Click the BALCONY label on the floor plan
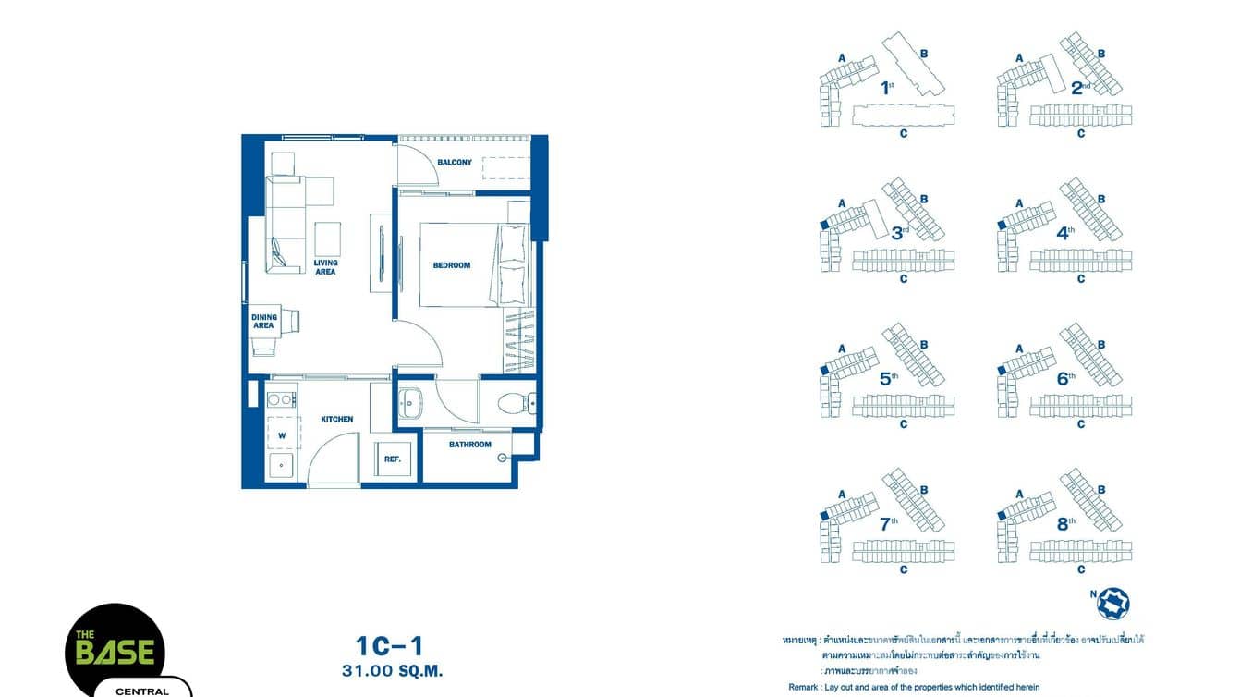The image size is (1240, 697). tap(455, 163)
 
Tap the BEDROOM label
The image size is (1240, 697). tap(452, 265)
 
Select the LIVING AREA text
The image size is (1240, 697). tap(325, 267)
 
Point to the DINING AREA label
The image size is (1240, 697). tap(263, 322)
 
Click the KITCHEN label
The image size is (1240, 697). tap(337, 419)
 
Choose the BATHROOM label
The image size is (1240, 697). tap(470, 445)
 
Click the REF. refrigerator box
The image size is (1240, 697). tap(392, 459)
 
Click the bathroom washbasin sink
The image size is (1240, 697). tap(412, 402)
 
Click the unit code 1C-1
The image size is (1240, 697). tap(389, 645)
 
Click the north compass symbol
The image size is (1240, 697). tap(1112, 604)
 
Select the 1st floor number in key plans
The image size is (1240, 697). tap(887, 89)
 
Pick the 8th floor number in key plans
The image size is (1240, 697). tap(1065, 523)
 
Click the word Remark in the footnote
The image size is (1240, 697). tap(803, 687)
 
